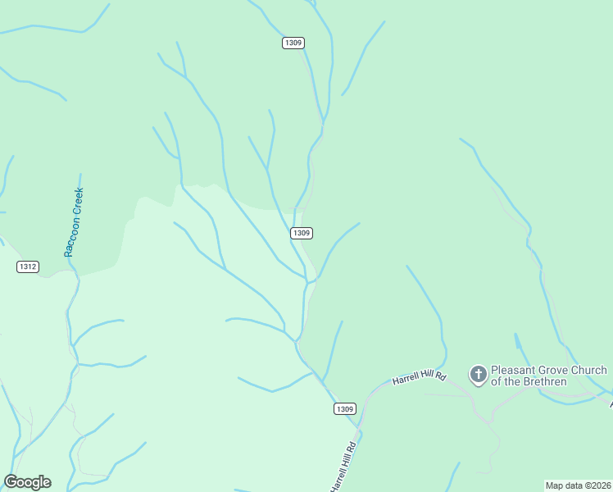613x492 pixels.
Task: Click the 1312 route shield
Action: [x=28, y=266]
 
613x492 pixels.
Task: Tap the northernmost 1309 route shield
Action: [x=293, y=43]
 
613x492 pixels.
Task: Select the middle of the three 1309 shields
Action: [x=302, y=233]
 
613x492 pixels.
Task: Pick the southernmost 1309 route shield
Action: [x=345, y=408]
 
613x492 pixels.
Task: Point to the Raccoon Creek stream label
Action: [x=74, y=222]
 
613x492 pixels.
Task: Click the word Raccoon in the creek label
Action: [x=71, y=237]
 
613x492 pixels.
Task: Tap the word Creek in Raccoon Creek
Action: [x=78, y=202]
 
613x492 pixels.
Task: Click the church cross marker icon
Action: [x=478, y=375]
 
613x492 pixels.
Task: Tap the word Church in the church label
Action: [x=592, y=370]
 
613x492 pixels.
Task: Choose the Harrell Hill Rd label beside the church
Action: [x=419, y=379]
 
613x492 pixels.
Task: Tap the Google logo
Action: [x=28, y=482]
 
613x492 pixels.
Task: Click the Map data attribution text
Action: [x=578, y=485]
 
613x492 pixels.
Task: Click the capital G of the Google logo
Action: [x=11, y=482]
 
